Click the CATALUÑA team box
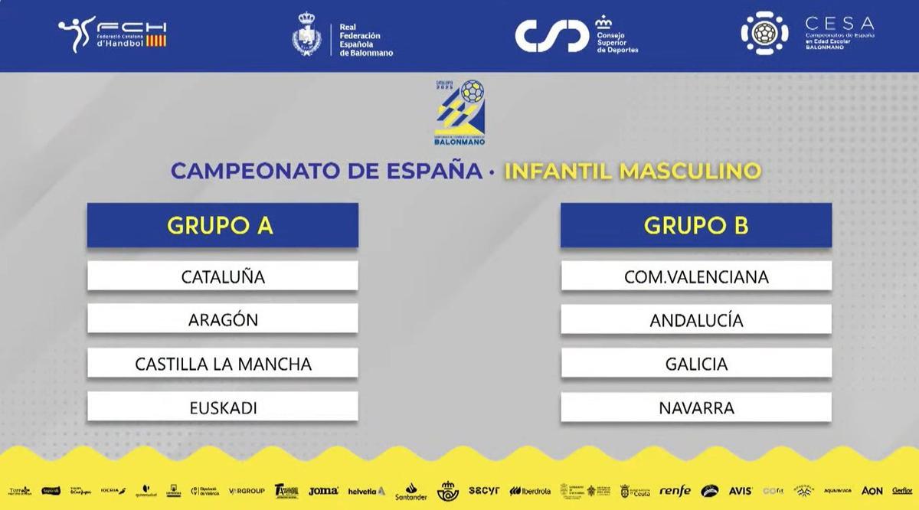[222, 276]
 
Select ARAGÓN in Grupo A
[222, 320]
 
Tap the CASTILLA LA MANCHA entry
[222, 364]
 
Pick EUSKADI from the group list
[222, 408]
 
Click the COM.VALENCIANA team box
[696, 276]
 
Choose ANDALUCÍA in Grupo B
[696, 320]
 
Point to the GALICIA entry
[696, 364]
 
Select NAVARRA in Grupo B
[696, 408]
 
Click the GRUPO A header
[222, 225]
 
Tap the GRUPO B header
[696, 225]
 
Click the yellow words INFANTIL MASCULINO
[633, 170]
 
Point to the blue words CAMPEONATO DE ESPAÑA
[327, 170]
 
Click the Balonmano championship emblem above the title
[459, 113]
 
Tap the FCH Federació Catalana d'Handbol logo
[113, 34]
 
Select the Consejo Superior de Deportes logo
[576, 34]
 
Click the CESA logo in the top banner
[807, 33]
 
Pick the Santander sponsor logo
[411, 492]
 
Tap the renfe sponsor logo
[675, 491]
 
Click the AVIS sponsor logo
[740, 491]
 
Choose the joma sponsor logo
[323, 491]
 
